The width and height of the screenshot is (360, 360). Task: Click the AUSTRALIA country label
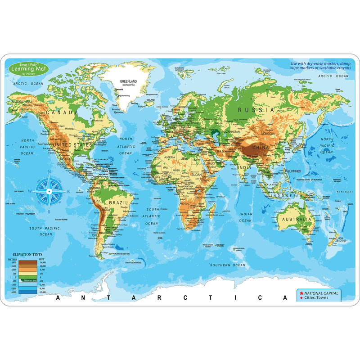295,219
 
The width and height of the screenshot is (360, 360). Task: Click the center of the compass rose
49,192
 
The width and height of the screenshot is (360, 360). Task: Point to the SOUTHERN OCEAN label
228,265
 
